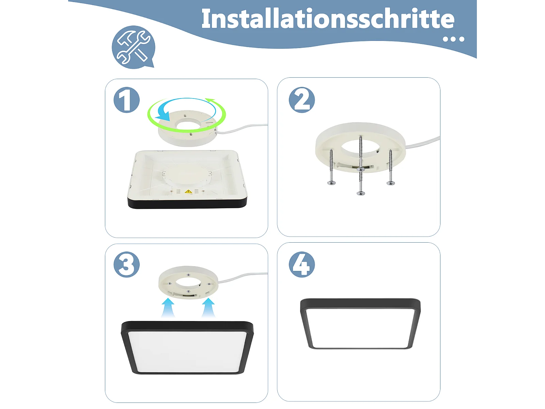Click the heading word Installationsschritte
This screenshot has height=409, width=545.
pos(328,19)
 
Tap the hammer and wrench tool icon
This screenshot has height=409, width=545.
pos(133,47)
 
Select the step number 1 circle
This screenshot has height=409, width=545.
pos(127,100)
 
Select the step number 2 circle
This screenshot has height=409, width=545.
pos(302,100)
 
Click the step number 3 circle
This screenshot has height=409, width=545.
pos(127,264)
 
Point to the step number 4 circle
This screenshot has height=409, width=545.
pos(302,264)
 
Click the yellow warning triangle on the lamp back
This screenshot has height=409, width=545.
pos(188,192)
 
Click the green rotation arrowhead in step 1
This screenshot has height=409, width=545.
pos(210,101)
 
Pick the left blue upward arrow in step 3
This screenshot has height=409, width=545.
pos(168,307)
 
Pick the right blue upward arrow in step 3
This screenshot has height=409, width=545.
pos(208,307)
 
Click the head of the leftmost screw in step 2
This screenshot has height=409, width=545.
pos(331,183)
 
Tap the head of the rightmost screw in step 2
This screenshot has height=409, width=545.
pos(391,183)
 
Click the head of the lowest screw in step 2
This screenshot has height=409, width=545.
pos(361,193)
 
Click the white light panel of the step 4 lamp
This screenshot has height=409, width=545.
pos(360,328)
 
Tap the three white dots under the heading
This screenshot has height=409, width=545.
pos(454,39)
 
